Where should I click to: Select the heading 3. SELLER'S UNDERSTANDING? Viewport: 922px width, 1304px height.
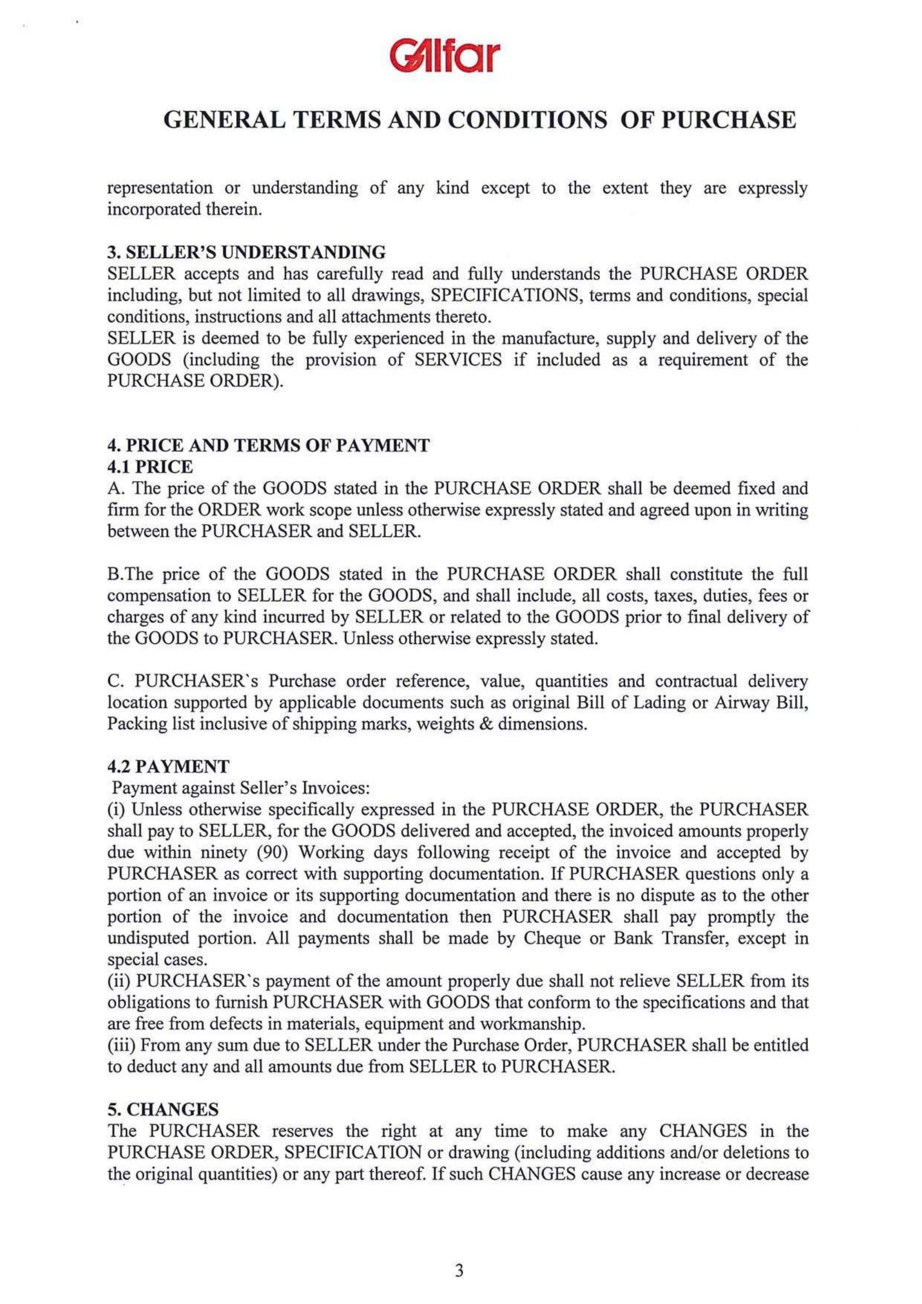click(x=246, y=251)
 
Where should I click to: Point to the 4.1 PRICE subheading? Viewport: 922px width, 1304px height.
click(x=151, y=467)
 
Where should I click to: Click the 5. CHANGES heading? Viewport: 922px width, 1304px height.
click(x=156, y=1109)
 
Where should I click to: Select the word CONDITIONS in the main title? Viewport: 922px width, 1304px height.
click(x=526, y=120)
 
